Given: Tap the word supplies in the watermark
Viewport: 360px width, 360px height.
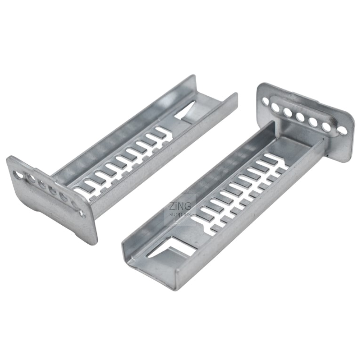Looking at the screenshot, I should [x=180, y=214].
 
